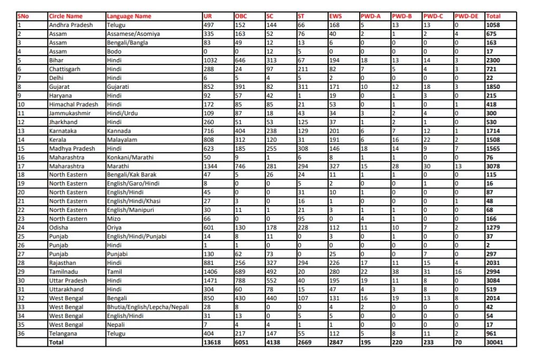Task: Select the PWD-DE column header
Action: coord(467,16)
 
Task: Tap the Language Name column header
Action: coord(128,16)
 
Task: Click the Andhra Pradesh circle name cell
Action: coord(71,25)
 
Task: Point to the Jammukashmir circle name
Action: coord(69,113)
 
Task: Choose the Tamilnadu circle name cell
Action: coord(64,272)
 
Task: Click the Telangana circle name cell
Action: coord(64,334)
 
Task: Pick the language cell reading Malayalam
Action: coord(122,140)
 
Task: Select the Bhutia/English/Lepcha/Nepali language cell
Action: coord(147,307)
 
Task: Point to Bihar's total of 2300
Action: coord(494,60)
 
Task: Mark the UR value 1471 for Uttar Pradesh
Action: coord(211,281)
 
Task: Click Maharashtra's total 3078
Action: coord(495,166)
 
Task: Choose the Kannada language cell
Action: coord(118,131)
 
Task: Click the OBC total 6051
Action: coord(243,343)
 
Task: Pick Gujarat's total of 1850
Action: coord(494,87)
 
